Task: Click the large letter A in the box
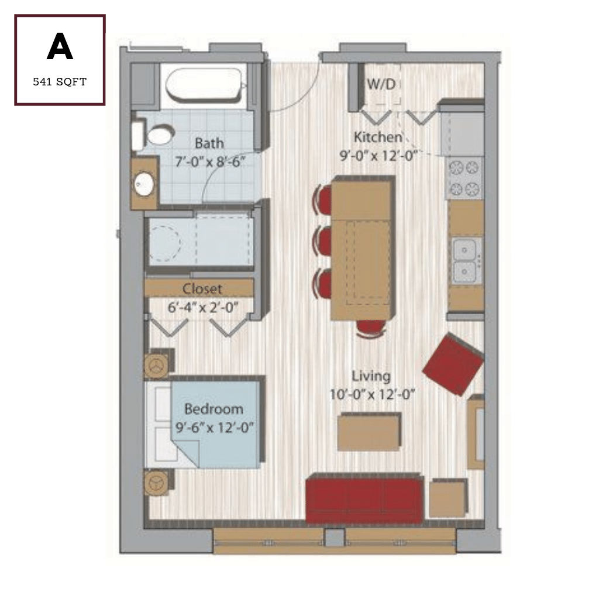(x=60, y=46)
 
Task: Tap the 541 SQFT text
(x=60, y=82)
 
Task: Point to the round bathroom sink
(x=144, y=184)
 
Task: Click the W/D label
(x=381, y=84)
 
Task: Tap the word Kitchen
(x=378, y=137)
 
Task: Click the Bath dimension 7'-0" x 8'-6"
(x=210, y=161)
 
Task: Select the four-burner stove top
(x=464, y=178)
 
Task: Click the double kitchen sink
(x=465, y=260)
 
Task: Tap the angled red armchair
(x=453, y=364)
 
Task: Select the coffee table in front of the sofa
(x=370, y=431)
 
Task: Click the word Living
(x=371, y=376)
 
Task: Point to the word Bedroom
(x=214, y=409)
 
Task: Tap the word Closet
(x=202, y=289)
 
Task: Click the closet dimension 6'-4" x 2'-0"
(x=203, y=307)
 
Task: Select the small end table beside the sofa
(x=448, y=498)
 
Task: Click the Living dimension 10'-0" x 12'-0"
(x=372, y=394)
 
